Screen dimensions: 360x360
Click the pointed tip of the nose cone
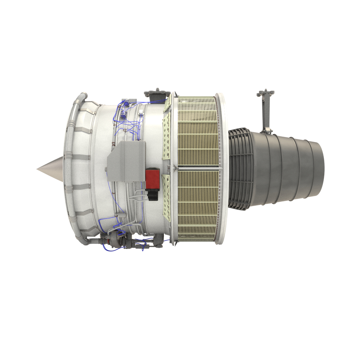[38, 169]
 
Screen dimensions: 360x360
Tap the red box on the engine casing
[152, 178]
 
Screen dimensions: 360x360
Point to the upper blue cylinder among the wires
[127, 104]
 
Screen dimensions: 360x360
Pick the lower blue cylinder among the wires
[124, 115]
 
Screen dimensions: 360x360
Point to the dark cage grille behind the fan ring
[239, 169]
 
